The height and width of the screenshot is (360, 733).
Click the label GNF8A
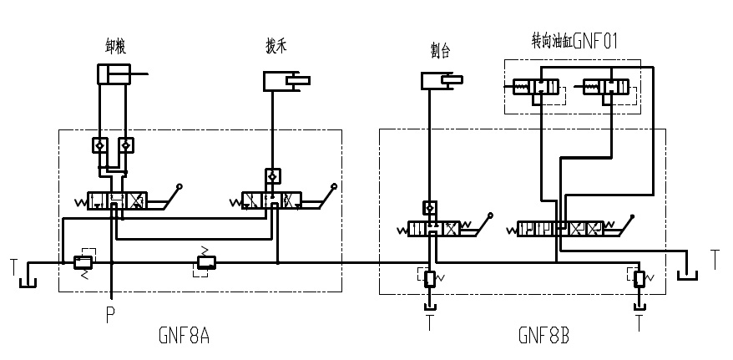[x=183, y=336]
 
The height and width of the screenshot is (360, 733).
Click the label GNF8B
[x=543, y=336]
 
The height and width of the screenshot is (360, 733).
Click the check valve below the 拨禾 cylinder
[x=272, y=176]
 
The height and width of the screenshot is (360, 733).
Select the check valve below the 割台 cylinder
[x=429, y=206]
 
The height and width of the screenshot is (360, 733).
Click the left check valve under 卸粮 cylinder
[x=99, y=145]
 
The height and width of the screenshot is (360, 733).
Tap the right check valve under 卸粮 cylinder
[x=125, y=145]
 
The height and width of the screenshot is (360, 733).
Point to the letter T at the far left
[x=13, y=267]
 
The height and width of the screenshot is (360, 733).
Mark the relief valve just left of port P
[x=83, y=262]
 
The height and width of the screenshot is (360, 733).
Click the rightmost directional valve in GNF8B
[x=560, y=228]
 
